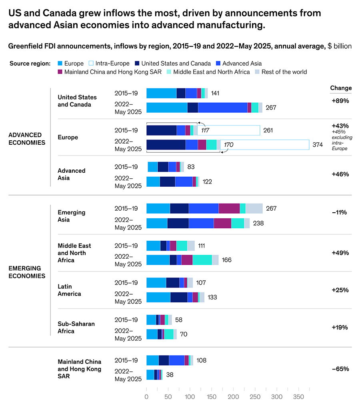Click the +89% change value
[340, 101]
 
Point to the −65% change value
[340, 369]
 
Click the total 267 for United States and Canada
[271, 108]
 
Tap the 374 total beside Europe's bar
[318, 145]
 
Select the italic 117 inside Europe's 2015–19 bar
[206, 130]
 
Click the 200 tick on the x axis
[233, 397]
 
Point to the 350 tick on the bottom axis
[298, 397]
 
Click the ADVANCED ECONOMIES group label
[27, 139]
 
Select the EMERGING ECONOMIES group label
[27, 272]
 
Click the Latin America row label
[69, 290]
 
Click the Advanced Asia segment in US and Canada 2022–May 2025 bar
[222, 108]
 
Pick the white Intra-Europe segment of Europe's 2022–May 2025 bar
[270, 145]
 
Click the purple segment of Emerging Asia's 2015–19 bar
[229, 208]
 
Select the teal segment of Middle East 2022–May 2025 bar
[202, 260]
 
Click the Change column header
[341, 88]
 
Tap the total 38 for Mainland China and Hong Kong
[170, 375]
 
